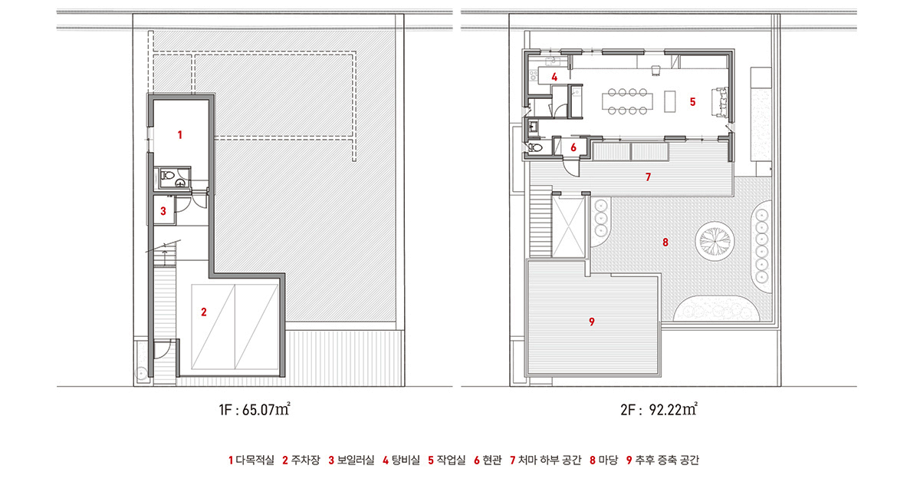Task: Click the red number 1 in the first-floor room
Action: coord(179,135)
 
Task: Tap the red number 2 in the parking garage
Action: coord(204,312)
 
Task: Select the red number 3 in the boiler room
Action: coord(163,211)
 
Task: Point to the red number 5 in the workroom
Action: coord(692,102)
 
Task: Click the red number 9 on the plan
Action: coord(591,322)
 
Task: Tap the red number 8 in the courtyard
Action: coord(665,243)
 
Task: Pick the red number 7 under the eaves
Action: coord(648,177)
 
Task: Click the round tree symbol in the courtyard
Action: coord(715,240)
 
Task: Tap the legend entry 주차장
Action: coord(305,460)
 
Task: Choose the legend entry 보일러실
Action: coord(356,460)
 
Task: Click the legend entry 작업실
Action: coord(451,460)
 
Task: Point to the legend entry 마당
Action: coord(608,460)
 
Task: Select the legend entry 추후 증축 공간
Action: coord(666,460)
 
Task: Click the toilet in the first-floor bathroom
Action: coord(167,176)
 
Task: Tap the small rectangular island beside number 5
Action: coord(670,101)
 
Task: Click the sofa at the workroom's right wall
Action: coord(720,102)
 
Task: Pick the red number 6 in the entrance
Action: coord(573,147)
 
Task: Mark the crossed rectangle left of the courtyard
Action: coord(568,226)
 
